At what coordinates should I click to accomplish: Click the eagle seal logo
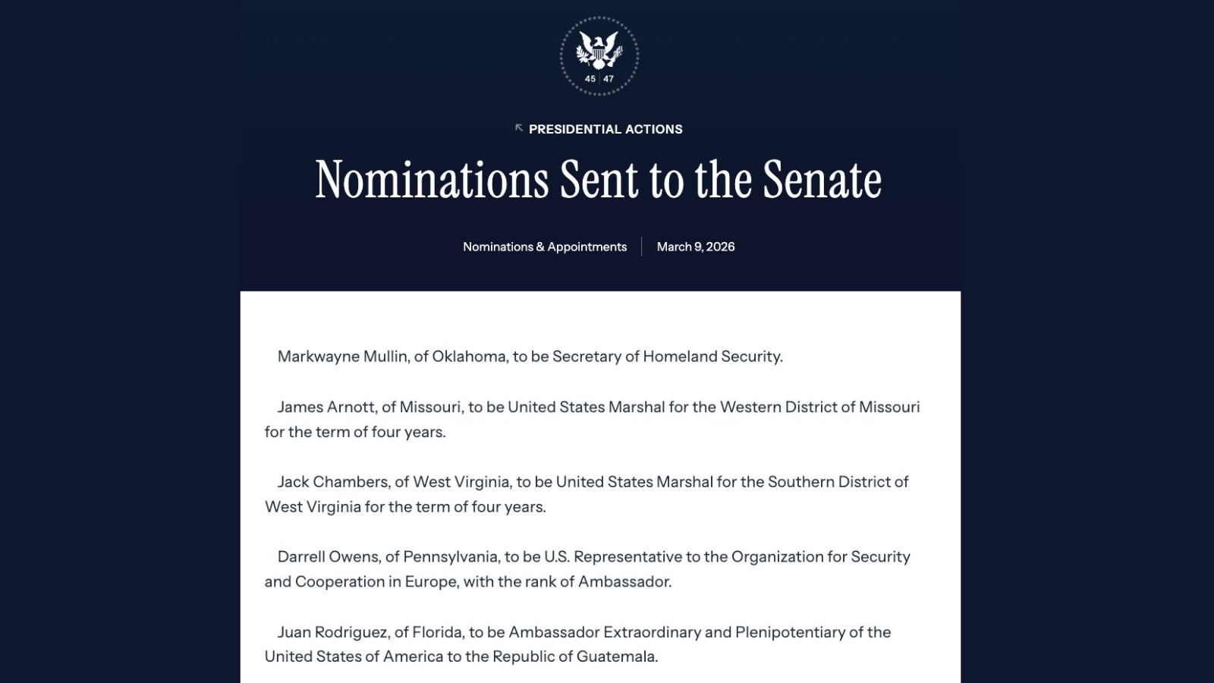599,55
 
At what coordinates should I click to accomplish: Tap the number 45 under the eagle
590,79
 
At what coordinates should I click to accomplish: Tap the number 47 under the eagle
609,79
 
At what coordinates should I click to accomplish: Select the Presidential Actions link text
605,129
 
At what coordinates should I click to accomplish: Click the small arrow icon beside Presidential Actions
519,128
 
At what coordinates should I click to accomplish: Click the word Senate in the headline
822,181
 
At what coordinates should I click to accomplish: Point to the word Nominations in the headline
432,181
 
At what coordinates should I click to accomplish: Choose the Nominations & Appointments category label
545,247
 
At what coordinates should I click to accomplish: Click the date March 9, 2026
696,247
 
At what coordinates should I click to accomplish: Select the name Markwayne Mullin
342,357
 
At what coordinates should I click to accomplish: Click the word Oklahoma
469,357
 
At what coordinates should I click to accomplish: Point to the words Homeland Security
712,357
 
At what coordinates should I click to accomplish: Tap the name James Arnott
326,407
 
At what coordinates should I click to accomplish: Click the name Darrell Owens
328,557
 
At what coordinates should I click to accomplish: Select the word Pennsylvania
451,557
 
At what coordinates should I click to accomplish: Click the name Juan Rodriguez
333,632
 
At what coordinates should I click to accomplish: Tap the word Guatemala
615,656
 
